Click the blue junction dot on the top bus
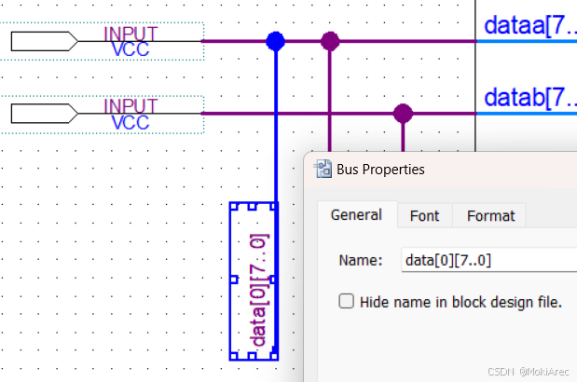tap(275, 41)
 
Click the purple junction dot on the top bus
tap(330, 41)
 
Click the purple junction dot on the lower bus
tap(403, 114)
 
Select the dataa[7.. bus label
tap(529, 26)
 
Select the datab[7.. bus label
tap(529, 97)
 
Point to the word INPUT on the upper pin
tap(131, 34)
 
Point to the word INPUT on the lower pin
tap(131, 106)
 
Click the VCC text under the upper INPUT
tap(131, 48)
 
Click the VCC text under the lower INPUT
tap(131, 122)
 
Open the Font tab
tap(424, 215)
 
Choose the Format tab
tap(490, 215)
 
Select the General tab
tap(356, 215)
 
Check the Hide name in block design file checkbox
tap(347, 302)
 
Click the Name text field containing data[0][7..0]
tap(485, 260)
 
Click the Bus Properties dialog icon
tap(324, 169)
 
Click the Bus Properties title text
tap(380, 170)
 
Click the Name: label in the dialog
tap(360, 261)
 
